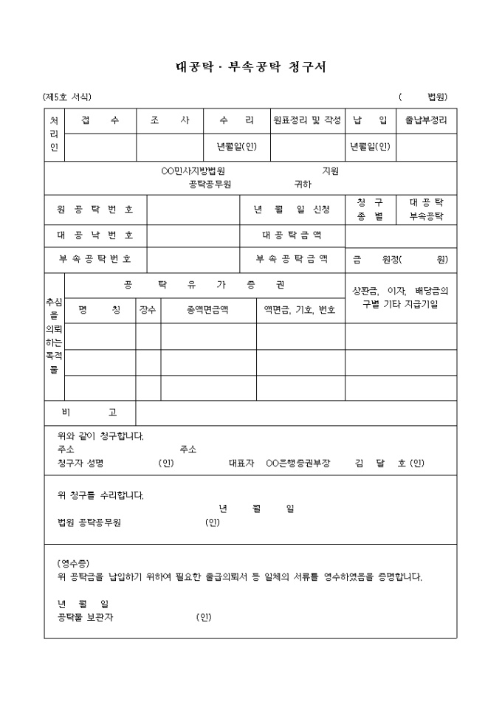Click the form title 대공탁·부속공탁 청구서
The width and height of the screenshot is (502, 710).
(250, 67)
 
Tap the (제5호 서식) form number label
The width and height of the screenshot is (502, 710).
(67, 97)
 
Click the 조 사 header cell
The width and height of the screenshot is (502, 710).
(170, 120)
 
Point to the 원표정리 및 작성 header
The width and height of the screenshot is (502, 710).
(306, 120)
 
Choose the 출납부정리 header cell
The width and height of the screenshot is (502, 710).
(426, 120)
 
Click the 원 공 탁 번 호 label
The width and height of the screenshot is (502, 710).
(95, 210)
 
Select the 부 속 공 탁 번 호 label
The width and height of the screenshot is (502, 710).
(95, 259)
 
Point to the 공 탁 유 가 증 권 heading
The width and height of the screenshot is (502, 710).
(204, 285)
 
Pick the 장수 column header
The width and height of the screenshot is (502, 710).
(148, 310)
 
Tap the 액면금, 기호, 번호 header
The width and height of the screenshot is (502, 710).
(300, 310)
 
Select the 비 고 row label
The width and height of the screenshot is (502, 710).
(89, 412)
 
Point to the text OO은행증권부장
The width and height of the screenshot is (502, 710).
(298, 463)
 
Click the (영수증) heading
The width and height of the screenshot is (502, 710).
(73, 563)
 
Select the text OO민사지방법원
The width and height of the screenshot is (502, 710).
(193, 171)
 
